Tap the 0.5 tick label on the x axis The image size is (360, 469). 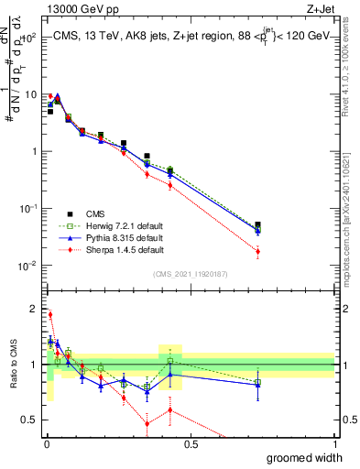pyautogui.click(x=191, y=444)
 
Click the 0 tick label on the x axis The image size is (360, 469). pyautogui.click(x=47, y=444)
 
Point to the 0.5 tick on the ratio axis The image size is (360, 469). pyautogui.click(x=31, y=421)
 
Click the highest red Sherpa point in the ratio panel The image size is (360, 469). pyautogui.click(x=49, y=314)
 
